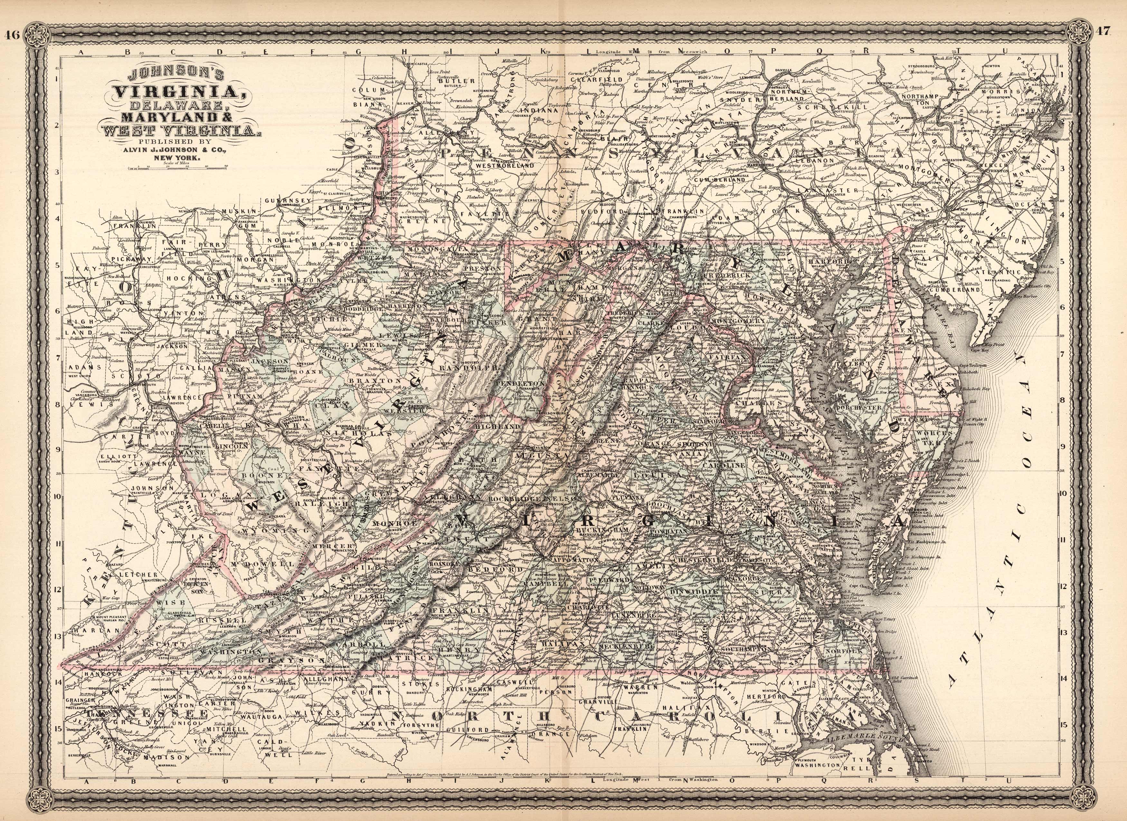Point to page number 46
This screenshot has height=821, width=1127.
[x=13, y=35]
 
